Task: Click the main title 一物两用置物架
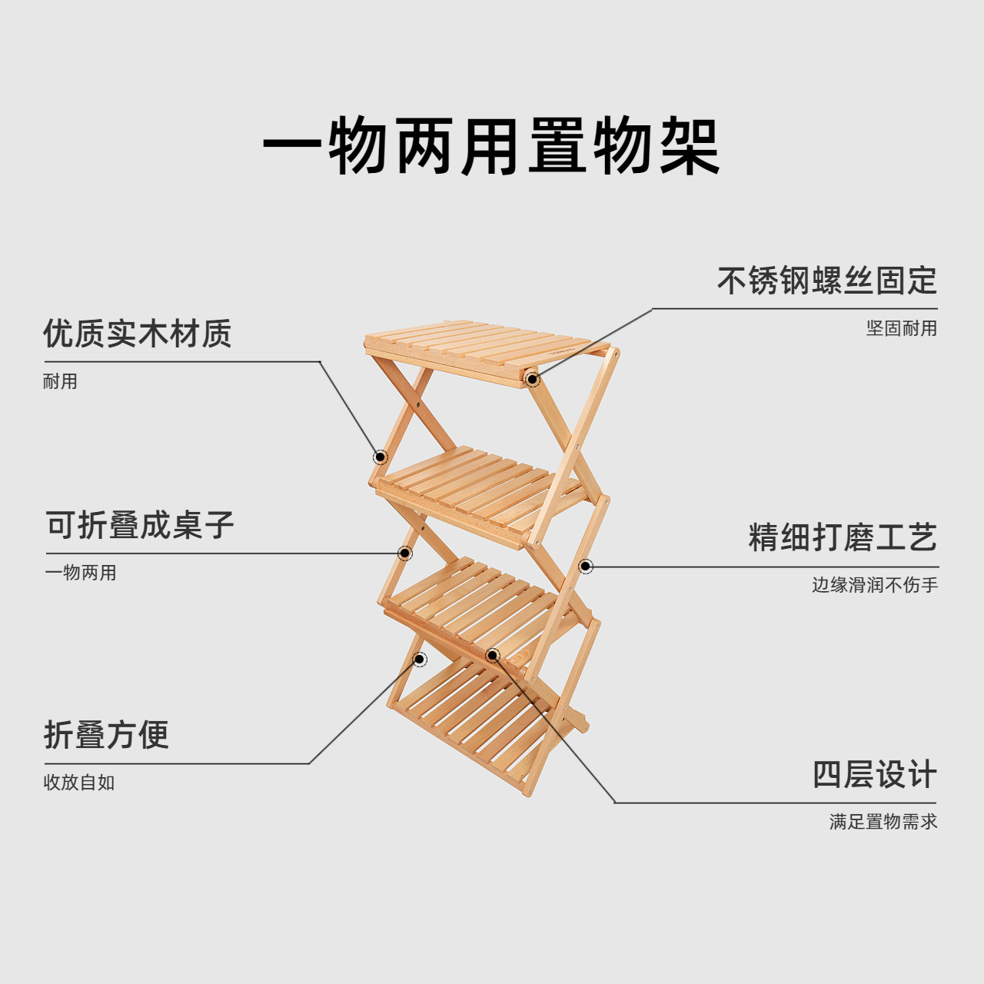[491, 146]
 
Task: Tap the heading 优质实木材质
[137, 334]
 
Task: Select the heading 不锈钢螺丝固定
[826, 281]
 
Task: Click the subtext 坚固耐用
[901, 328]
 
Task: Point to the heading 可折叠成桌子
[139, 526]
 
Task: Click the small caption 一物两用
[80, 573]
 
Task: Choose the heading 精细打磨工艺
[843, 537]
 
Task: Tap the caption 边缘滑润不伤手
[875, 585]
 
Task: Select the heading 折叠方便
[106, 735]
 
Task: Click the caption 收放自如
[78, 783]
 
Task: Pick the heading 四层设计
[875, 774]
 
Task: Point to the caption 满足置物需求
[883, 822]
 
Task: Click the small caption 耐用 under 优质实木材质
[60, 381]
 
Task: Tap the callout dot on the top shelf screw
[532, 379]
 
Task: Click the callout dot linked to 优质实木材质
[380, 457]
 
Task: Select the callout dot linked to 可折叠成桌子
[404, 553]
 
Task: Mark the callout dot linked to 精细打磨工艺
[585, 567]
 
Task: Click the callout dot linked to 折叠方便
[420, 659]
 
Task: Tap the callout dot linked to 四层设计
[493, 655]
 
